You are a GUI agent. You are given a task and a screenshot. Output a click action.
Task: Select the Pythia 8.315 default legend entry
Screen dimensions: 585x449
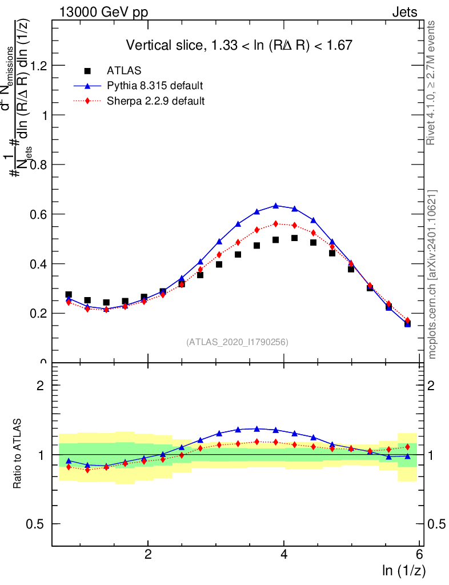155,86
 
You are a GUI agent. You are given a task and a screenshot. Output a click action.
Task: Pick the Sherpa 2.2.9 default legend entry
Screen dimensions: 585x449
155,101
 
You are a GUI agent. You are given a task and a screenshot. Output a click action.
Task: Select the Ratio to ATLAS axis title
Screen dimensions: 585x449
18,454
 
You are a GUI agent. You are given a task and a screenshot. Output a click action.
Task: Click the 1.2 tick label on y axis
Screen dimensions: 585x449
39,66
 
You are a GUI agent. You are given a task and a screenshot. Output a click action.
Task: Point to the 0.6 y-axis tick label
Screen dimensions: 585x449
39,214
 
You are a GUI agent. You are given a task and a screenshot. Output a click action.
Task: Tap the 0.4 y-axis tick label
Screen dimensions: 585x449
39,264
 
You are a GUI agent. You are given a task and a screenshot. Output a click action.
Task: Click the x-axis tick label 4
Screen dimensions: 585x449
284,554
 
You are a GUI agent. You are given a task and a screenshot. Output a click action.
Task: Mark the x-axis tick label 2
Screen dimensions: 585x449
148,554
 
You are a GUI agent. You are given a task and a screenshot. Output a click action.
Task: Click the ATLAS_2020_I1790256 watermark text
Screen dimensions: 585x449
236,342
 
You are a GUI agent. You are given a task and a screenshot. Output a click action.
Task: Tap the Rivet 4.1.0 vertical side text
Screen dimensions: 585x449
431,83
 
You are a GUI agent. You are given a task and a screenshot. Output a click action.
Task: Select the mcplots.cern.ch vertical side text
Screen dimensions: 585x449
432,274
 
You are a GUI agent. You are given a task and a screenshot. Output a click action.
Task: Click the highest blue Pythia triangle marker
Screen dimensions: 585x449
276,205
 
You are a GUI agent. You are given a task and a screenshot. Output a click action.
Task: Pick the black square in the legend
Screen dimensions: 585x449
87,70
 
